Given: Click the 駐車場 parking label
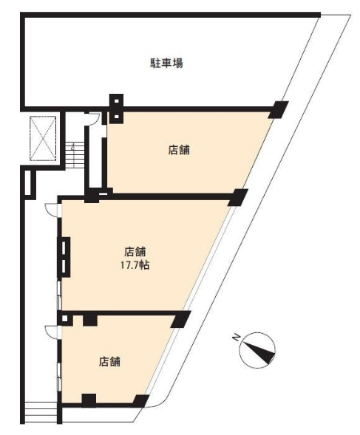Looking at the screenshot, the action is [166, 63].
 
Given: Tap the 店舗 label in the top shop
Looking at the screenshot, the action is [179, 150].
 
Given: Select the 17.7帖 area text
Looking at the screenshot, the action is [135, 265].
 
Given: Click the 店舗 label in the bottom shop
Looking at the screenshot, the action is [109, 361].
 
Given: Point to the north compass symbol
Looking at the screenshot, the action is [257, 349].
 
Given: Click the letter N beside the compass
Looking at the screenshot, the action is [237, 337].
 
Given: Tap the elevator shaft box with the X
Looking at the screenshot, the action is [43, 138].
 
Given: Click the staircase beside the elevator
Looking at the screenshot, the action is [75, 155].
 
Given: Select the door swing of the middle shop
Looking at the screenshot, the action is [52, 210].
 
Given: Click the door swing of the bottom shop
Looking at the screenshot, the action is [52, 332].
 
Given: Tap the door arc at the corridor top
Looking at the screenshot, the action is [93, 119].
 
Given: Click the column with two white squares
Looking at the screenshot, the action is [116, 109].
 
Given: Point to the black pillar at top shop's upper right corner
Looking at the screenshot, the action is [279, 109].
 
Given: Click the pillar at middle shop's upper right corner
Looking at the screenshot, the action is [238, 197].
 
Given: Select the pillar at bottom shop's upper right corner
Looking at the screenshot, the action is [180, 319].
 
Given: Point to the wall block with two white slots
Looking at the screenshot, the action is [64, 257].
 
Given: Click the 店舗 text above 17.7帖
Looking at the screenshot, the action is [135, 252].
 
